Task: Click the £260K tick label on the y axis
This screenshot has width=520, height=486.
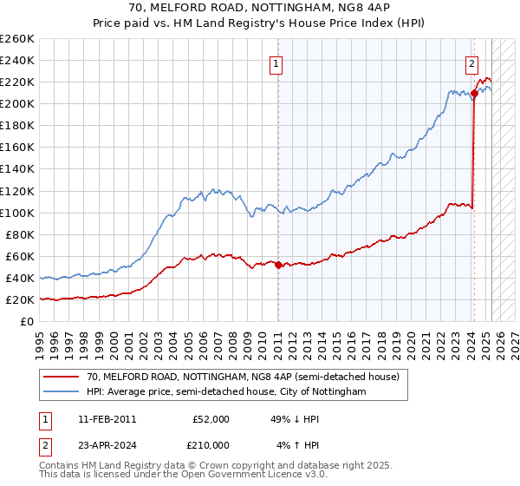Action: (17, 39)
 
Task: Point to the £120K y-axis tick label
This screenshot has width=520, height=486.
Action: (17, 191)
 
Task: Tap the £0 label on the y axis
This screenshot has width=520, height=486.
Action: (27, 322)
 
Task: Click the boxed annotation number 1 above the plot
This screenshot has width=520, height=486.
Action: (276, 62)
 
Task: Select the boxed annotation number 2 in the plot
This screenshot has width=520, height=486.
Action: (472, 62)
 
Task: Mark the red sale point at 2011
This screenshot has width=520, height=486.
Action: (278, 265)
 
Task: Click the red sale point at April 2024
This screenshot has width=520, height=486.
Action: (475, 93)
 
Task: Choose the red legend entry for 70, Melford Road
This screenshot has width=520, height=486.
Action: (243, 377)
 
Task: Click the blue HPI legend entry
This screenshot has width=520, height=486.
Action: (226, 392)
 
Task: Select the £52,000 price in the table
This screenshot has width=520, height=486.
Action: (211, 419)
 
